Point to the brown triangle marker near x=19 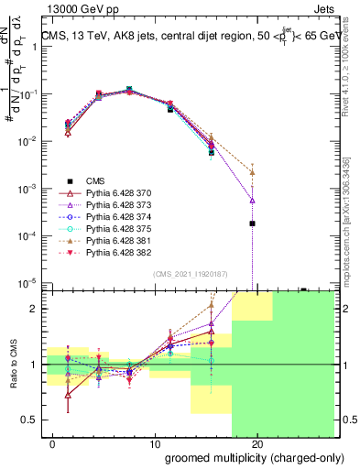point(252,172)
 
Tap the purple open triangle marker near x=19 point(252,200)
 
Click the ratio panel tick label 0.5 point(30,420)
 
